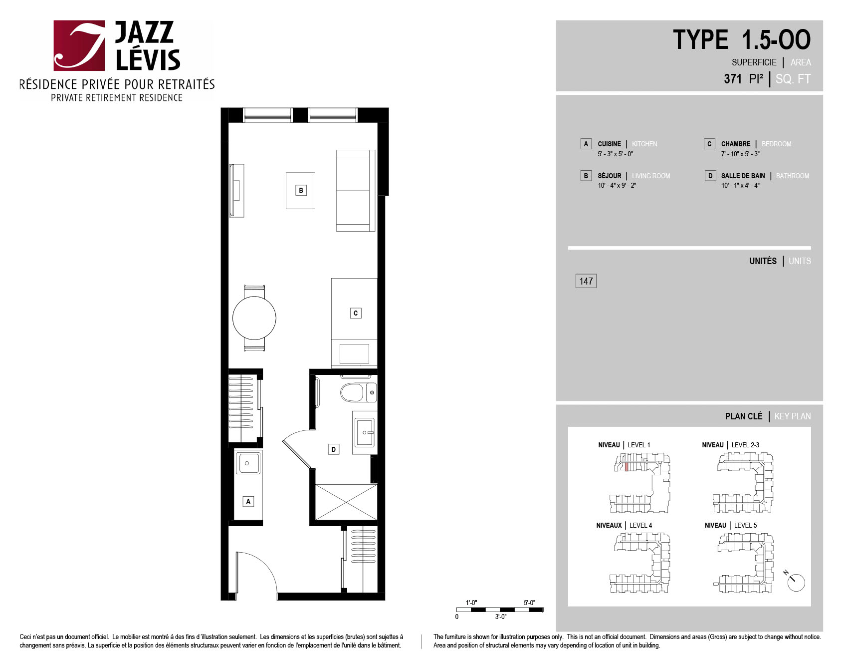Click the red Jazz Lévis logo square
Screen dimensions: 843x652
(79, 45)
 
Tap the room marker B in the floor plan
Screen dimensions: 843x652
(301, 190)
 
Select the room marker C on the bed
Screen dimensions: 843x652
(356, 313)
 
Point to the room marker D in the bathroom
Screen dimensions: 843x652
(334, 449)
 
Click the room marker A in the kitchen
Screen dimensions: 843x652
(248, 501)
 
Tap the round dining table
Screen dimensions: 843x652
(254, 318)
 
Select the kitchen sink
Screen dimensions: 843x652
(248, 463)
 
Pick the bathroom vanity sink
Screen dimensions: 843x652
(365, 432)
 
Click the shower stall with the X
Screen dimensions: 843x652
(346, 502)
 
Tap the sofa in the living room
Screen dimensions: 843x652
(356, 190)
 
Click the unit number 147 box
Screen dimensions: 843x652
(586, 281)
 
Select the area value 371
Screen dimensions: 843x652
(733, 79)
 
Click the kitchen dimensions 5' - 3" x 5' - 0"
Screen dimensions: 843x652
(616, 154)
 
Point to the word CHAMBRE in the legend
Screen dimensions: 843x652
(736, 144)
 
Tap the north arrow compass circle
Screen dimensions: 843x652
(797, 583)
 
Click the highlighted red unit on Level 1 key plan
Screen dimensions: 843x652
(627, 467)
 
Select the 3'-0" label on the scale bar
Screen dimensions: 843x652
(501, 617)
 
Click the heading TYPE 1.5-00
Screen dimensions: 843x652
(742, 40)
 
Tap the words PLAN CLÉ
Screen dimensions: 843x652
(744, 416)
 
